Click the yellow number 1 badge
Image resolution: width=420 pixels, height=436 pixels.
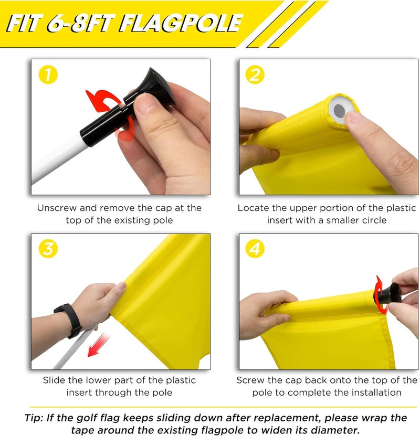click(x=48, y=76)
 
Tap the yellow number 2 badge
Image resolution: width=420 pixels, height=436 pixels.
click(x=256, y=76)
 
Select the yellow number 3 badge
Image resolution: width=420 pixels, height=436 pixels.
click(x=48, y=250)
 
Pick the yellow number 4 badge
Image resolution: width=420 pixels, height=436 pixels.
click(x=256, y=250)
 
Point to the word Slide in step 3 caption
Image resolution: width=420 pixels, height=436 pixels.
click(x=54, y=380)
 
